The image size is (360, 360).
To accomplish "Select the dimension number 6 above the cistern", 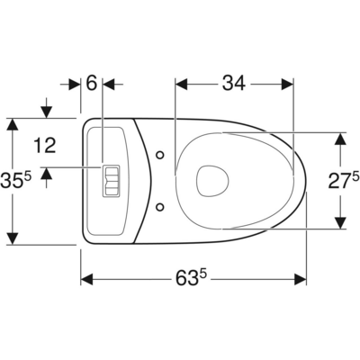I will [91, 83].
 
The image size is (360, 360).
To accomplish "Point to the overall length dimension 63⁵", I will [193, 279].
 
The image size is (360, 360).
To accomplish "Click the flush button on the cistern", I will [110, 179].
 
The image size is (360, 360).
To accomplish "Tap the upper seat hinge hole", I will [160, 155].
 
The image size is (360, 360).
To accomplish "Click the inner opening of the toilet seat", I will [211, 180].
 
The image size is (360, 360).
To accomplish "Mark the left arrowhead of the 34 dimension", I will [179, 84].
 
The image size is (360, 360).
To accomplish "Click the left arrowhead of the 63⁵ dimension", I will [86, 279].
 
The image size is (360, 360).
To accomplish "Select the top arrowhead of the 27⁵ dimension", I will [340, 138].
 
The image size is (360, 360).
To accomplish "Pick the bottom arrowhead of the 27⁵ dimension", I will [340, 222].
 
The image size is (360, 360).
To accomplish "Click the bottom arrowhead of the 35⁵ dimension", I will [12, 239].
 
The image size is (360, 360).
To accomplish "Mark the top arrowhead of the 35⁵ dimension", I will [12, 121].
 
